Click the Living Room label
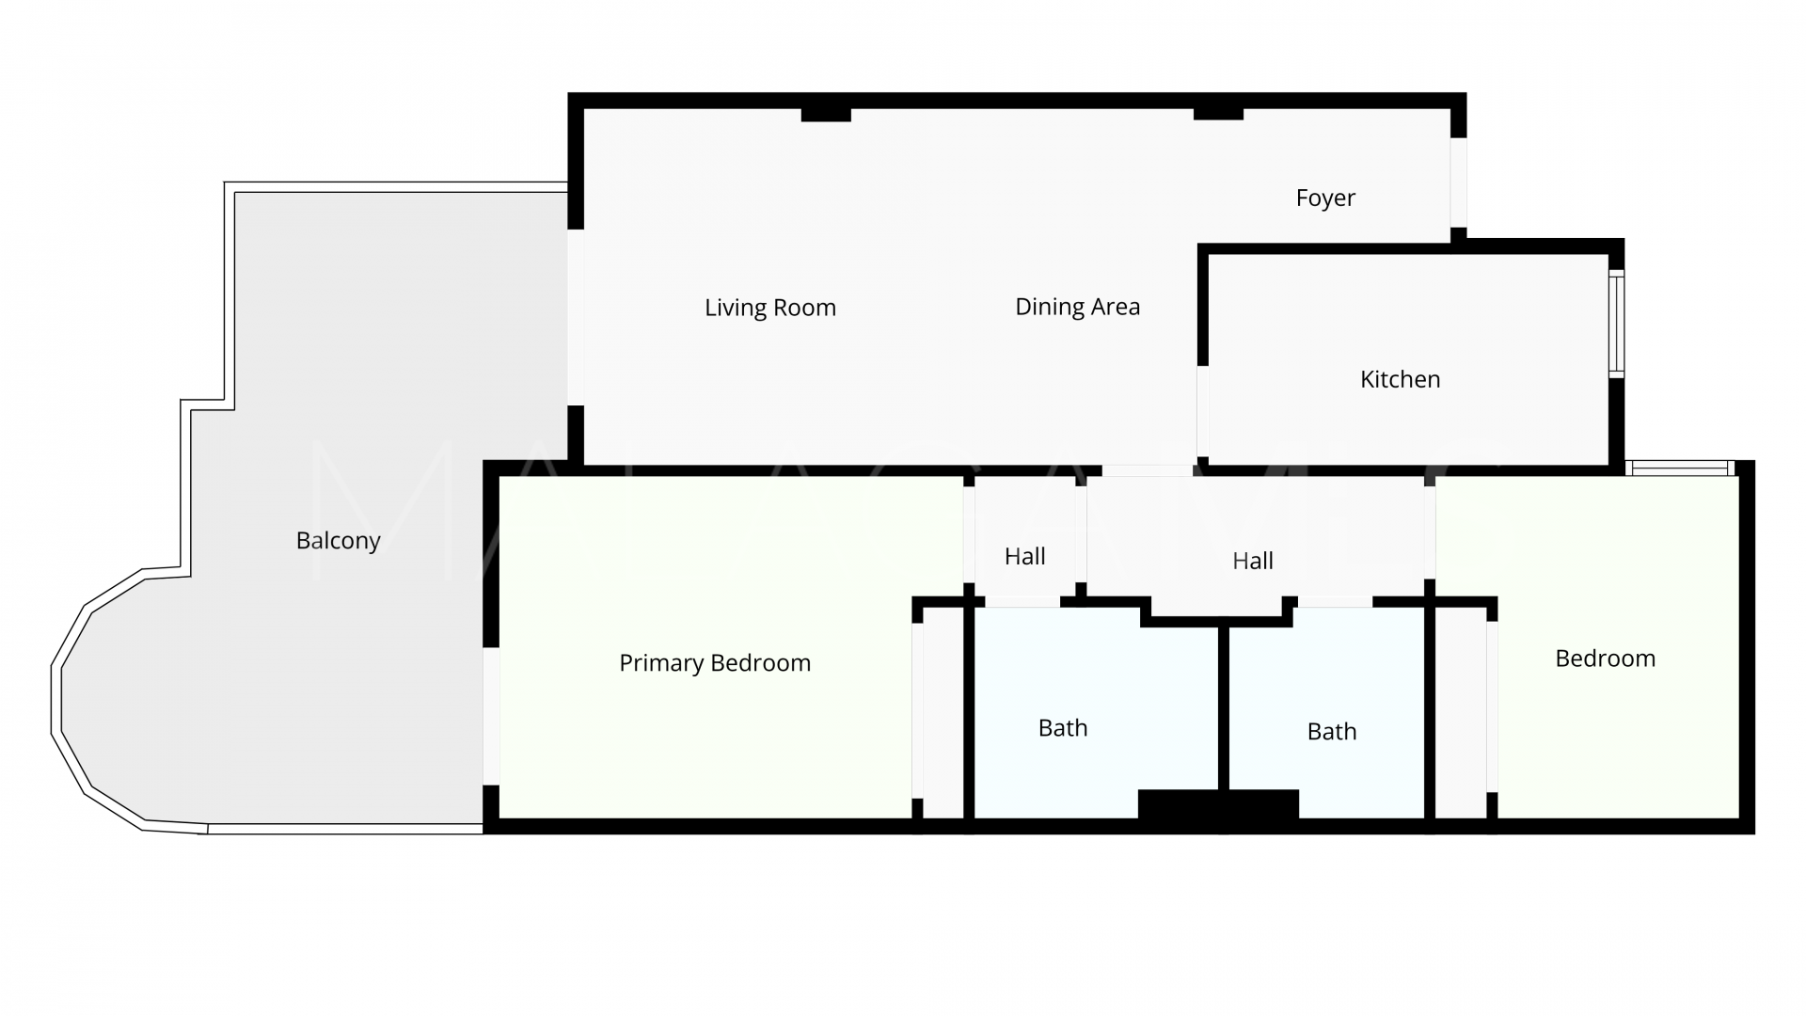tap(770, 308)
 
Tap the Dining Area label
tap(1078, 307)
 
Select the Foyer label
tap(1325, 198)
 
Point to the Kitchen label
tap(1400, 379)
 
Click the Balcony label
tap(338, 541)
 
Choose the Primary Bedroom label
tap(715, 663)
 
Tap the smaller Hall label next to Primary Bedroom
tap(1024, 556)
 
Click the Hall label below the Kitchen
tap(1253, 561)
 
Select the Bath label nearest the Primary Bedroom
tap(1063, 728)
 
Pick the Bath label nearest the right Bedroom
tap(1332, 732)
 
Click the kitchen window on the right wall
tap(1616, 324)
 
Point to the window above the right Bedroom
tap(1680, 468)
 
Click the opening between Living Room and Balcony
tap(575, 317)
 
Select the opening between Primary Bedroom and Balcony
tap(490, 716)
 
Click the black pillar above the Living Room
tap(826, 115)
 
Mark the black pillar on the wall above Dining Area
tap(1218, 114)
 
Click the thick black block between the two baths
tap(1218, 805)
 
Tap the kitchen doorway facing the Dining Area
tap(1202, 411)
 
